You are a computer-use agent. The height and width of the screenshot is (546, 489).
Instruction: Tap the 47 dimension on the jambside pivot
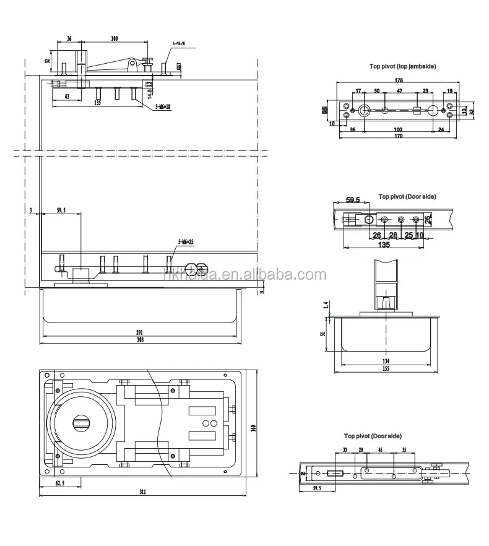399,90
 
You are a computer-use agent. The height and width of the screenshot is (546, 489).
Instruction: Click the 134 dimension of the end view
386,362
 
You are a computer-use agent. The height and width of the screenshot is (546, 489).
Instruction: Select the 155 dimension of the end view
386,370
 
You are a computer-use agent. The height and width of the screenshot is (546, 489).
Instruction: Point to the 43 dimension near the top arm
66,97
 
